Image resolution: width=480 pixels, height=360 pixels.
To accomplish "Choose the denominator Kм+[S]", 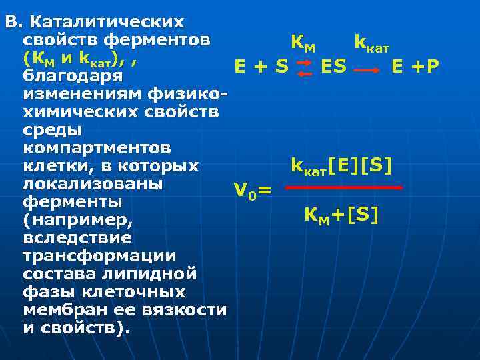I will (x=341, y=214).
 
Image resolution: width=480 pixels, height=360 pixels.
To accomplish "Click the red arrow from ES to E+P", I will (x=368, y=68).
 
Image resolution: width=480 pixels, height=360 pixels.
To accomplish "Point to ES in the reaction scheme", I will (x=333, y=66).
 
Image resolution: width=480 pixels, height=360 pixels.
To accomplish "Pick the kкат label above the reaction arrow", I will (x=371, y=44).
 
